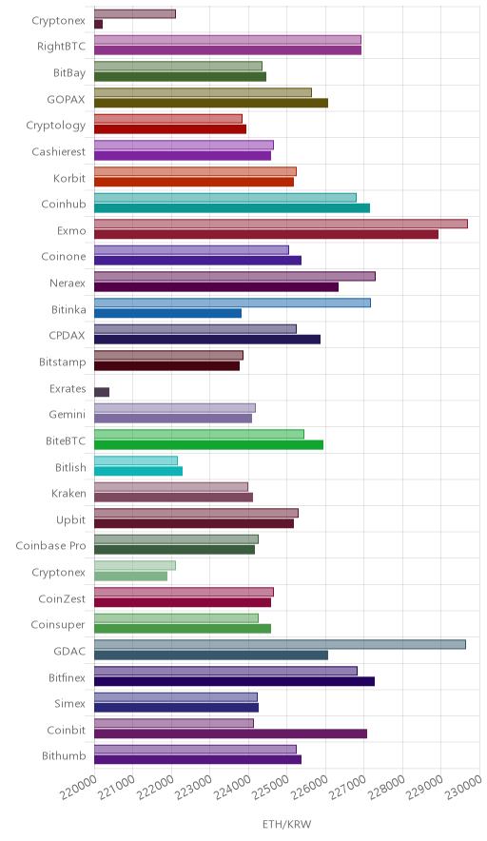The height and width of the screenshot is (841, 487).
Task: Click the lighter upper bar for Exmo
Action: pyautogui.click(x=281, y=224)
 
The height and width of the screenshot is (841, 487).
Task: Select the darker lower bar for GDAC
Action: pyautogui.click(x=211, y=655)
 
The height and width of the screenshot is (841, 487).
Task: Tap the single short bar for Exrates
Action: pyautogui.click(x=102, y=392)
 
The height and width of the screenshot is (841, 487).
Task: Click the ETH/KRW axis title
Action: pyautogui.click(x=286, y=825)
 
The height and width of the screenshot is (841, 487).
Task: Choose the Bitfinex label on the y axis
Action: pyautogui.click(x=67, y=678)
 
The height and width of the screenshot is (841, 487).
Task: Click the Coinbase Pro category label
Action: pyautogui.click(x=50, y=546)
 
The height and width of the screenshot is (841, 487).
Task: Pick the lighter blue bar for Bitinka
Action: pyautogui.click(x=232, y=303)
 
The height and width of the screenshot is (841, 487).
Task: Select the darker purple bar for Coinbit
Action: pyautogui.click(x=230, y=733)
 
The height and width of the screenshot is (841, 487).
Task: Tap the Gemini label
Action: pyautogui.click(x=67, y=415)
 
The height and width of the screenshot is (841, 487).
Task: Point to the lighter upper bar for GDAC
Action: pyautogui.click(x=280, y=644)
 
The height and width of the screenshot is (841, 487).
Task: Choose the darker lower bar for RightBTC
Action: pyautogui.click(x=228, y=50)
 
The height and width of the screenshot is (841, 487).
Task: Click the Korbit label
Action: pyautogui.click(x=69, y=178)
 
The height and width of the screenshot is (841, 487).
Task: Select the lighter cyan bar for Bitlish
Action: pyautogui.click(x=136, y=460)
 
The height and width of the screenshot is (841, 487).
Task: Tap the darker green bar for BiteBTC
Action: pyautogui.click(x=208, y=444)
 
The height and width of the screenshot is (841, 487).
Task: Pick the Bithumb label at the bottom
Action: pyautogui.click(x=64, y=756)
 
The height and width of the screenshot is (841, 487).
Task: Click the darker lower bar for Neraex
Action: pyautogui.click(x=216, y=287)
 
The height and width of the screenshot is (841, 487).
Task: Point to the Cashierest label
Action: pyautogui.click(x=58, y=152)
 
